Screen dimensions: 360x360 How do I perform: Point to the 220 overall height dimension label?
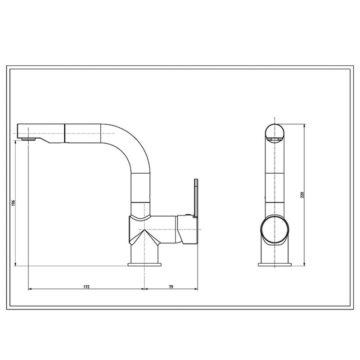coord(302,194)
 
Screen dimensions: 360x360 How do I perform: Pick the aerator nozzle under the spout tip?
coord(28,139)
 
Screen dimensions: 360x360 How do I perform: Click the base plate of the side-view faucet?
coord(144,264)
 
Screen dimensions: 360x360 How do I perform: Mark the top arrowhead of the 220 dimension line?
coord(306,125)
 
